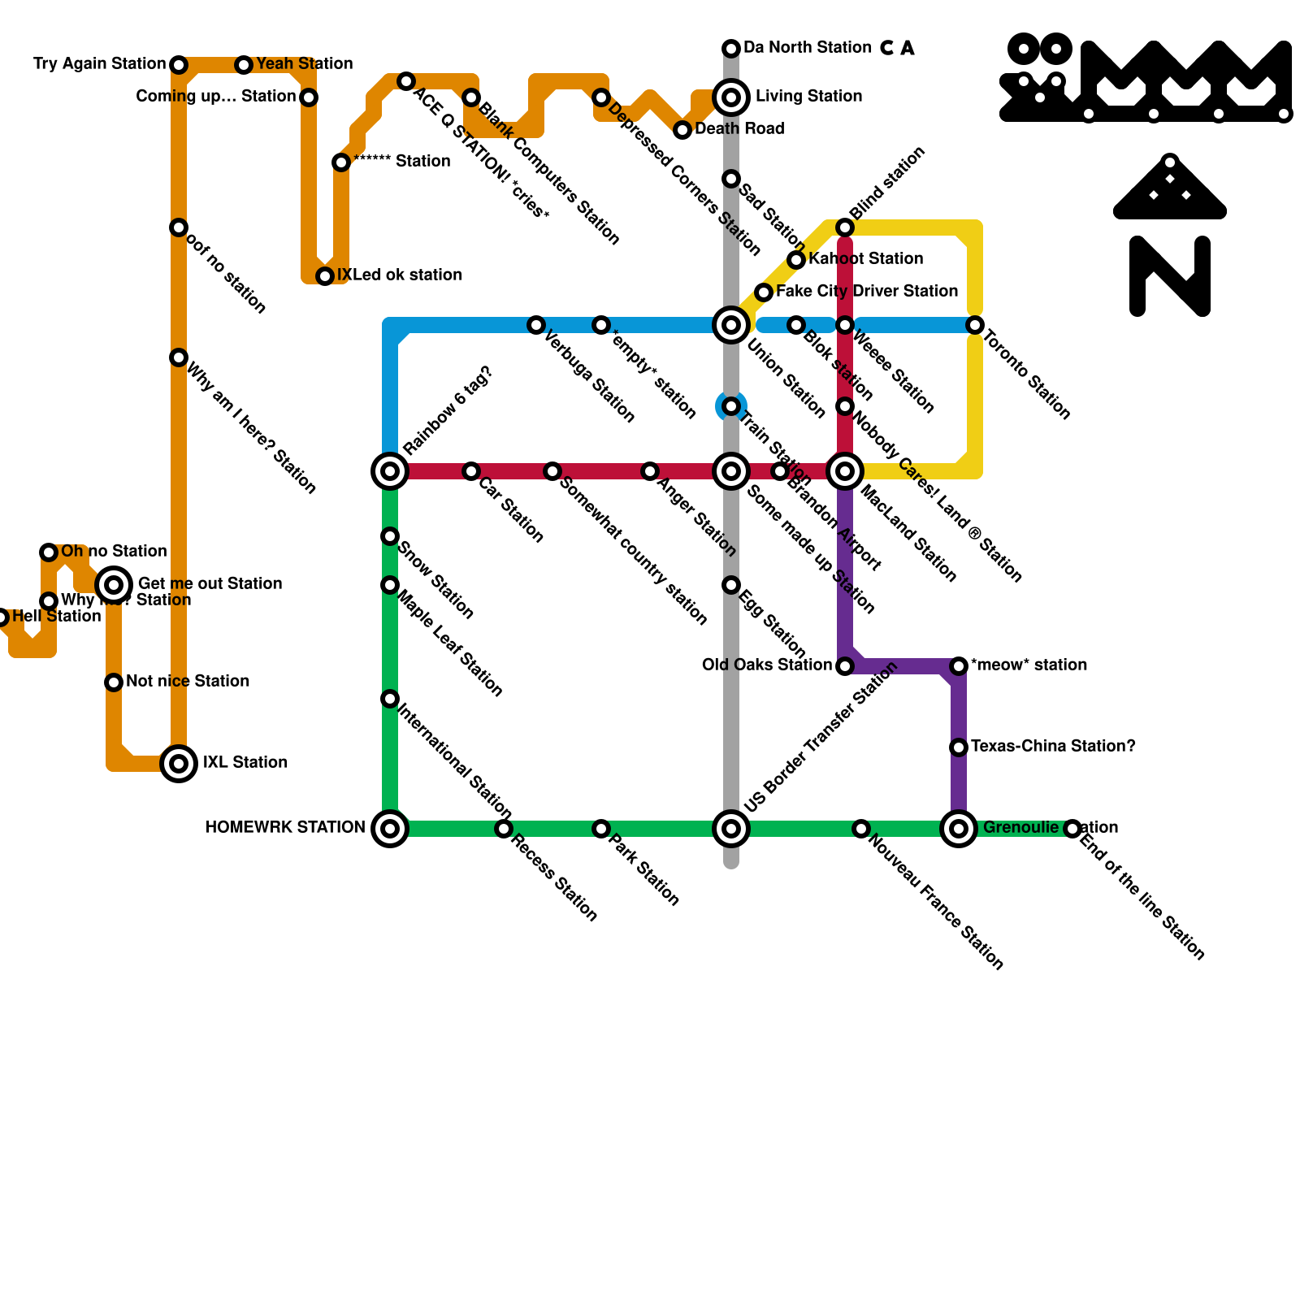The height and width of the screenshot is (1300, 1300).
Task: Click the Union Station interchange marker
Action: pos(731,325)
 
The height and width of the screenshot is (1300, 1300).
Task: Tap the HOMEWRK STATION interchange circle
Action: pos(390,829)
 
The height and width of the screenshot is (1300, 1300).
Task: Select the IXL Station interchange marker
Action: pos(179,764)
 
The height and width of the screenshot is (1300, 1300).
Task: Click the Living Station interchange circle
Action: pos(731,97)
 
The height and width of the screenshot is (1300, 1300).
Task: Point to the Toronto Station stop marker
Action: pos(975,325)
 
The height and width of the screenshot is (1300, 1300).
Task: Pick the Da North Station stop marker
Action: pos(731,49)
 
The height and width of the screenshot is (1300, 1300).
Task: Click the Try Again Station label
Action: pos(99,63)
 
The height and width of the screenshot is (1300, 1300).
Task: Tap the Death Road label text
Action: pos(739,128)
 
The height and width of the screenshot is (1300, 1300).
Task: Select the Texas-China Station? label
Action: pos(1053,746)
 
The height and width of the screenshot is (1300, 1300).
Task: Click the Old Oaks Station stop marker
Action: pos(845,666)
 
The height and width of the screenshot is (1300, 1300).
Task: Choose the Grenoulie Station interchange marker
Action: pos(959,829)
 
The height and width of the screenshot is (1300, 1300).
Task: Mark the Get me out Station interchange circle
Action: pos(114,584)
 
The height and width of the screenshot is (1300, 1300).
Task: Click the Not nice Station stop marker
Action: pos(114,682)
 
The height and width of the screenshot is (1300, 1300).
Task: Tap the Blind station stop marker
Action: pos(845,227)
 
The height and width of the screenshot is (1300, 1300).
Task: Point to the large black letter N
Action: pos(1170,276)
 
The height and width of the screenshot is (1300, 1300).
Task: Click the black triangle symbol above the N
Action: pos(1170,188)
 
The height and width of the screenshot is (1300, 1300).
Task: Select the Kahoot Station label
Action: pos(866,258)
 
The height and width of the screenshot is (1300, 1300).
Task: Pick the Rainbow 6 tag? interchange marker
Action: pos(390,471)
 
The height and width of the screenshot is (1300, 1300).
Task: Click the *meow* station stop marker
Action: pos(959,666)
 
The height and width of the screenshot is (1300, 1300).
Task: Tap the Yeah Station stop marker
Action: pos(244,65)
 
